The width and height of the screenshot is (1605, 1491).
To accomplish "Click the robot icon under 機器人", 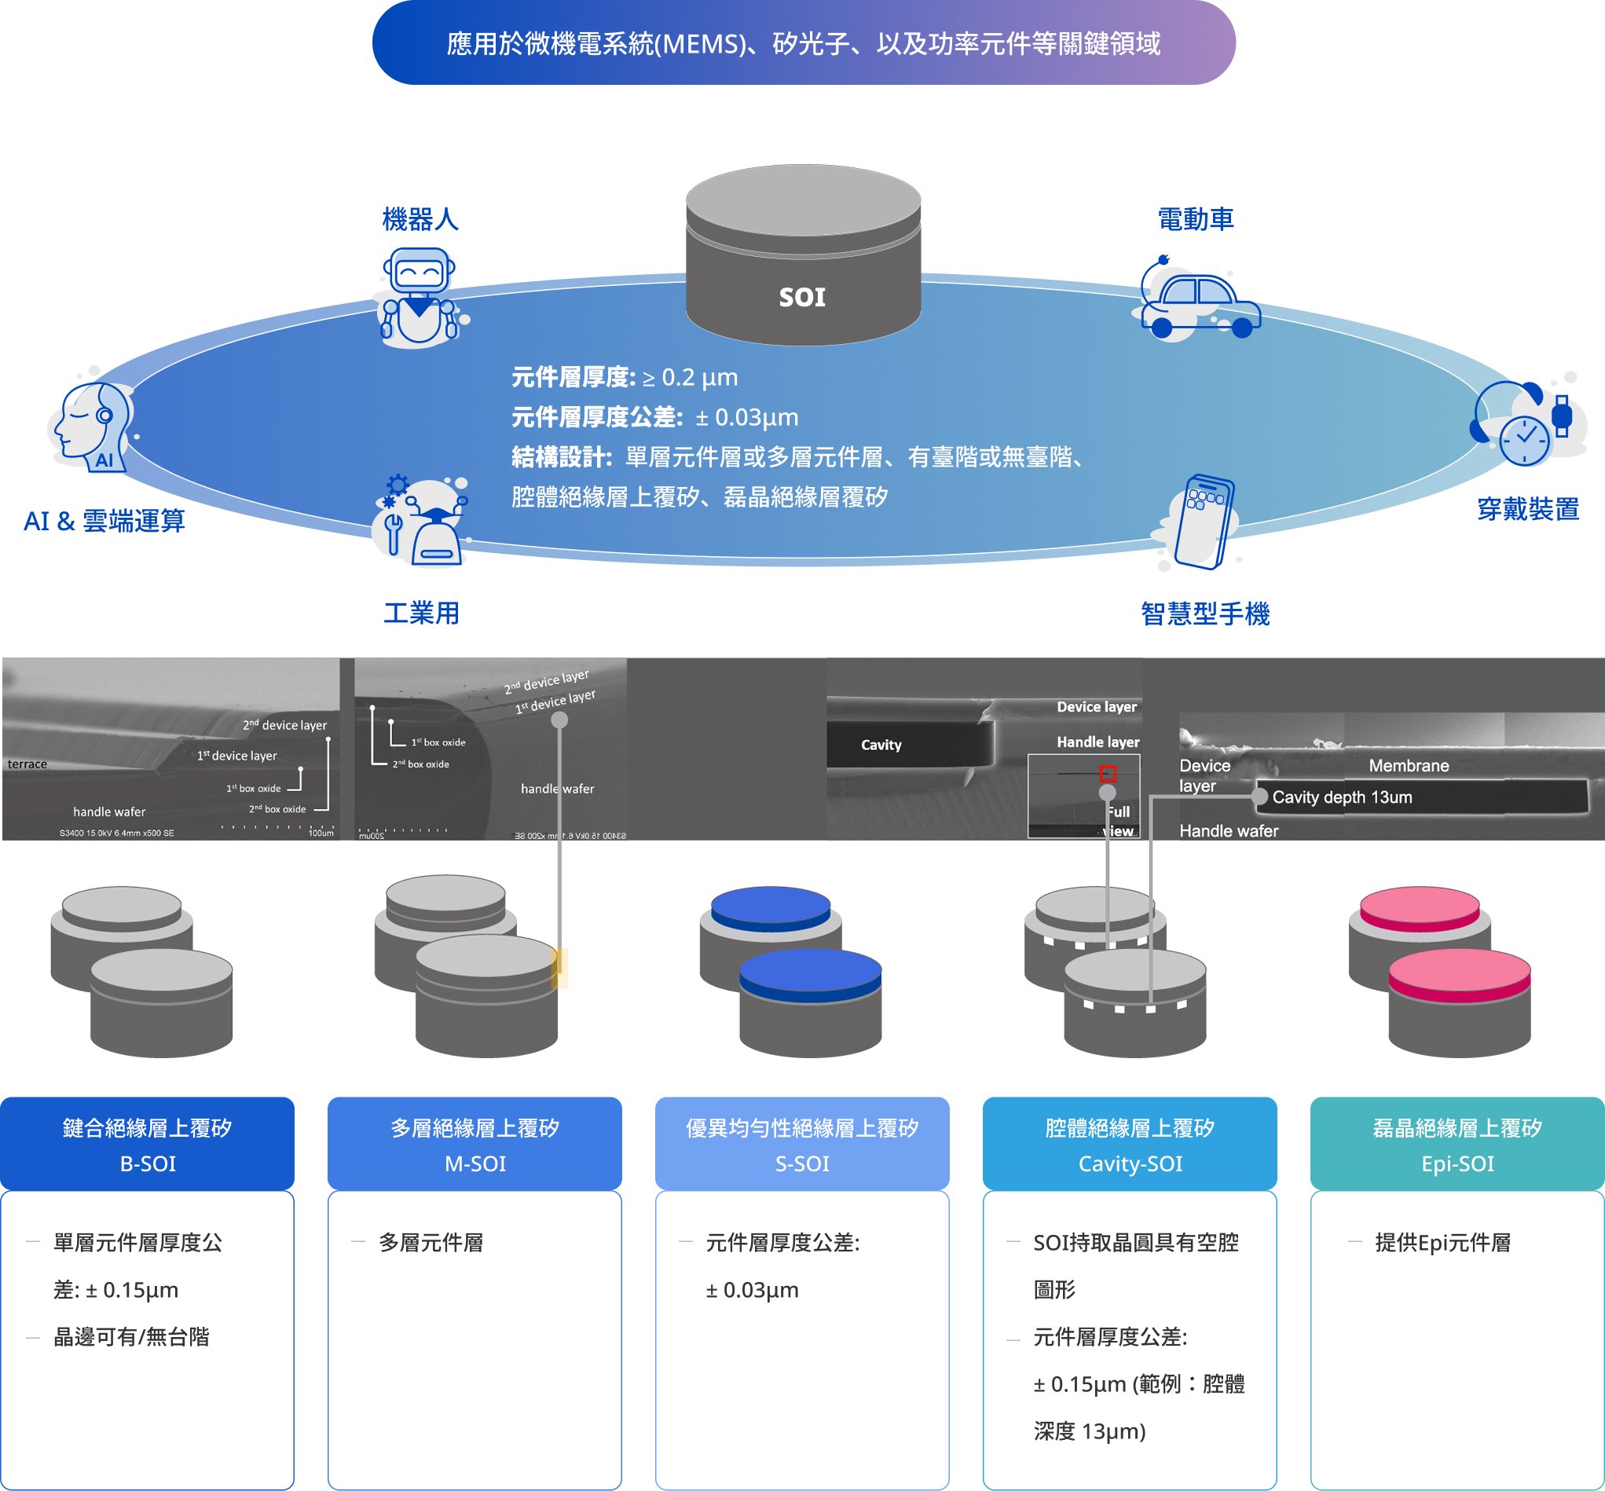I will [420, 297].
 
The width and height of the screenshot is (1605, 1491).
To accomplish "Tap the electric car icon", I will [1198, 299].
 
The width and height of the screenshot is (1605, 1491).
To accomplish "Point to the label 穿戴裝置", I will [1527, 509].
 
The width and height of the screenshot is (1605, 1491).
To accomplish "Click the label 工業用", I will [421, 614].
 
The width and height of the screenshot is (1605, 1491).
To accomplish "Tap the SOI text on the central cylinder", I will [802, 297].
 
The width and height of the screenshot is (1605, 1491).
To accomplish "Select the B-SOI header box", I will [147, 1143].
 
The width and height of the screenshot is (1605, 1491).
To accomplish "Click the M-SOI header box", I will [475, 1143].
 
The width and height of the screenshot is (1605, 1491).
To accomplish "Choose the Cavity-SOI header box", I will [1130, 1143].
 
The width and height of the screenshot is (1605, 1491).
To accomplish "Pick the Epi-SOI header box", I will [1457, 1143].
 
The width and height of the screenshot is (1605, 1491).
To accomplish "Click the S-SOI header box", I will [802, 1143].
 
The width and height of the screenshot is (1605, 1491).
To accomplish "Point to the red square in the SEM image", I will [1108, 773].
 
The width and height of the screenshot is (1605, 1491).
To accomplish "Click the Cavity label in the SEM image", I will [881, 745].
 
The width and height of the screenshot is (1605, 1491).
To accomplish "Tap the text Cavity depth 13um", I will [1342, 797].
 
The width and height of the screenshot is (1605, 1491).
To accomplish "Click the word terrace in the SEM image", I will [27, 764].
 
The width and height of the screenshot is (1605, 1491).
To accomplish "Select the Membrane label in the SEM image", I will [1409, 766].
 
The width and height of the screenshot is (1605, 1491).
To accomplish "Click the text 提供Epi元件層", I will [1443, 1243].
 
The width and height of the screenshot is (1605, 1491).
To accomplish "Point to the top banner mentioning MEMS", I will [804, 42].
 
